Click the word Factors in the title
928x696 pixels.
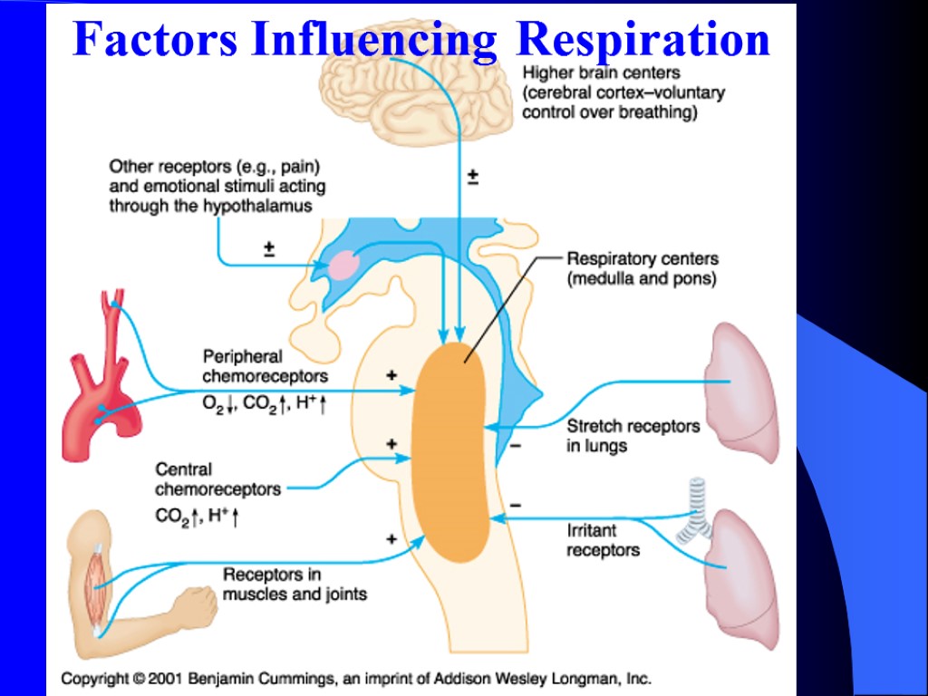(156, 40)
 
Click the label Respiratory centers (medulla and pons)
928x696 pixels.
(642, 269)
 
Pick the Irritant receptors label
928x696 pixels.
(603, 540)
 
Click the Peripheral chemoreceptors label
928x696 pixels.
(264, 366)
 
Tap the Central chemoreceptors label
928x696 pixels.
(217, 479)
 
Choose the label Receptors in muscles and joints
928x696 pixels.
(295, 584)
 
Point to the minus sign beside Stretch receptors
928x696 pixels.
(516, 446)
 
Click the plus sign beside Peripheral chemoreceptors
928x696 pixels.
(391, 374)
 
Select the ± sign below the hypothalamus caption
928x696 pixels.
(269, 248)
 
